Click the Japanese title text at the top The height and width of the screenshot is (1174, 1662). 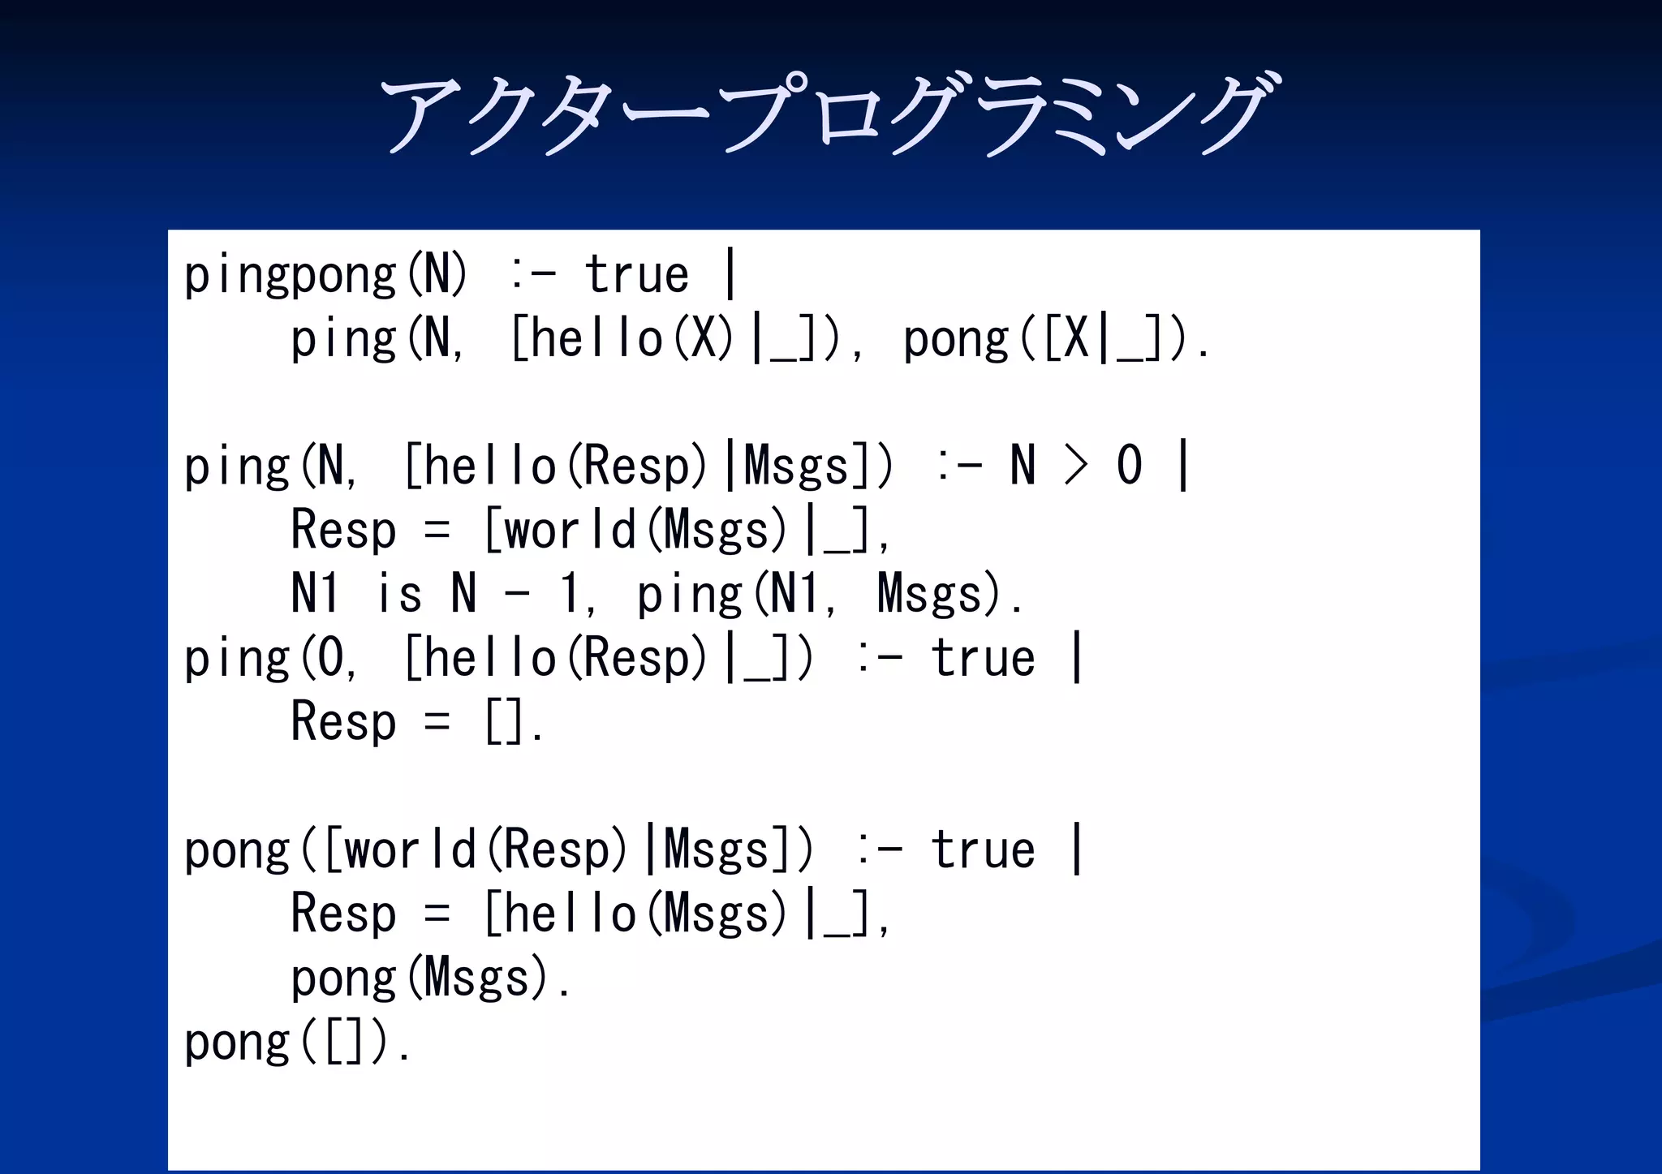coord(828,114)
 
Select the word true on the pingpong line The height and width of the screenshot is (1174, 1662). coord(637,274)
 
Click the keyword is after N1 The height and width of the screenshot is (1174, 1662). coord(399,594)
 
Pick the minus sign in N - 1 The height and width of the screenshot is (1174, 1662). coord(517,594)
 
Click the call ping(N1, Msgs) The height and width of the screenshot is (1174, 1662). coord(828,594)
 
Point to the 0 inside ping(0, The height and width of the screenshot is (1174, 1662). coord(331,658)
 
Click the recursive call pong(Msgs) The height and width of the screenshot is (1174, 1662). coord(430,978)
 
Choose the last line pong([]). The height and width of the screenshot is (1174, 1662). coord(298,1042)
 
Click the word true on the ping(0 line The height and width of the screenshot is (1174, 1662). coord(983,658)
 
